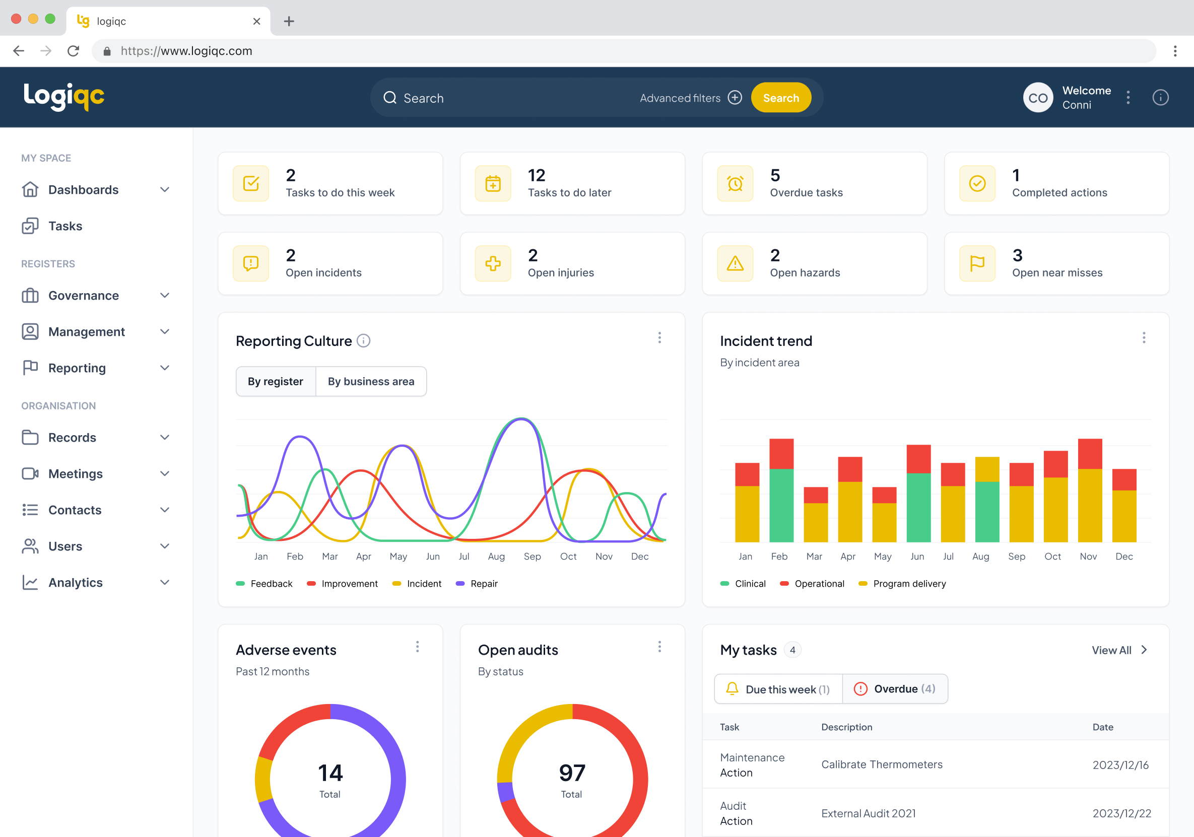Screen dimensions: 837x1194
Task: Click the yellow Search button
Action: (780, 98)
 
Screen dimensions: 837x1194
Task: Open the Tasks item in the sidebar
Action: (65, 226)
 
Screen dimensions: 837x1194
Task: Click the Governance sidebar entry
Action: (83, 295)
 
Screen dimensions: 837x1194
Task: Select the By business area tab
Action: (371, 381)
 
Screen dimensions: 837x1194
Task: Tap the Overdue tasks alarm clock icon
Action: (735, 183)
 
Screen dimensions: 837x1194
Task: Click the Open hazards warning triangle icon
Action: (735, 263)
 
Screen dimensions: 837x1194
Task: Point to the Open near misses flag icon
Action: (977, 263)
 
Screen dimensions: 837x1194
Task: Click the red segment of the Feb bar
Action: (781, 453)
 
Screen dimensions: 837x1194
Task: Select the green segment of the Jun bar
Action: (918, 507)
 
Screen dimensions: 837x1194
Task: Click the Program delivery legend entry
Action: (909, 583)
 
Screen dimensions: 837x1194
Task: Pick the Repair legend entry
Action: (484, 583)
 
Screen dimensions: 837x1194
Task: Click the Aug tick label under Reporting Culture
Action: (496, 556)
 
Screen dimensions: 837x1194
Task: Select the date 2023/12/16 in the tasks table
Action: (1120, 765)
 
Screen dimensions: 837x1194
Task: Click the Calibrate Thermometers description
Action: (882, 764)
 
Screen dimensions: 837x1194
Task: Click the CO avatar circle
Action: (1038, 98)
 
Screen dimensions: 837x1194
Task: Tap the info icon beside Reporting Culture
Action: (364, 340)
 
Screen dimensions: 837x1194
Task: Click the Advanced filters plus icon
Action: (735, 98)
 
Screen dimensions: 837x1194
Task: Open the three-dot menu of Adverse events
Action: (417, 647)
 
